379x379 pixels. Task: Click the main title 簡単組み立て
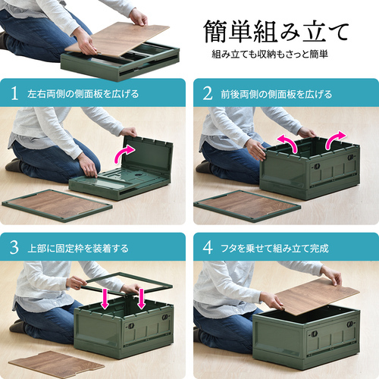276,33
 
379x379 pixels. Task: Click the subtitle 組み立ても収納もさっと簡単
270,55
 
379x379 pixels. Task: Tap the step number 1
14,93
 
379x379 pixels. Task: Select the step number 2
208,93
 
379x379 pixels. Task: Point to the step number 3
14,248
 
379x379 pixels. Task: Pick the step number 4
208,248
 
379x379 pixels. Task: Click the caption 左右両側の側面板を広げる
83,94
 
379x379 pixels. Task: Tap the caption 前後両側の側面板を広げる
277,94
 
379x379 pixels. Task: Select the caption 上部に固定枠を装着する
78,249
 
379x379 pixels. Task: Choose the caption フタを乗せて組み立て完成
274,249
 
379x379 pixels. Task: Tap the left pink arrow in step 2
288,143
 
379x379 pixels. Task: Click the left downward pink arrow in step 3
105,299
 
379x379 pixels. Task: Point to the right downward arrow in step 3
141,299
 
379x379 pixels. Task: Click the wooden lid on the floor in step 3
56,365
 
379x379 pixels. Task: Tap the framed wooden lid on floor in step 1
57,205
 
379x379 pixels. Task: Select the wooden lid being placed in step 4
318,297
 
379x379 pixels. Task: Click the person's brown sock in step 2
204,167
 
